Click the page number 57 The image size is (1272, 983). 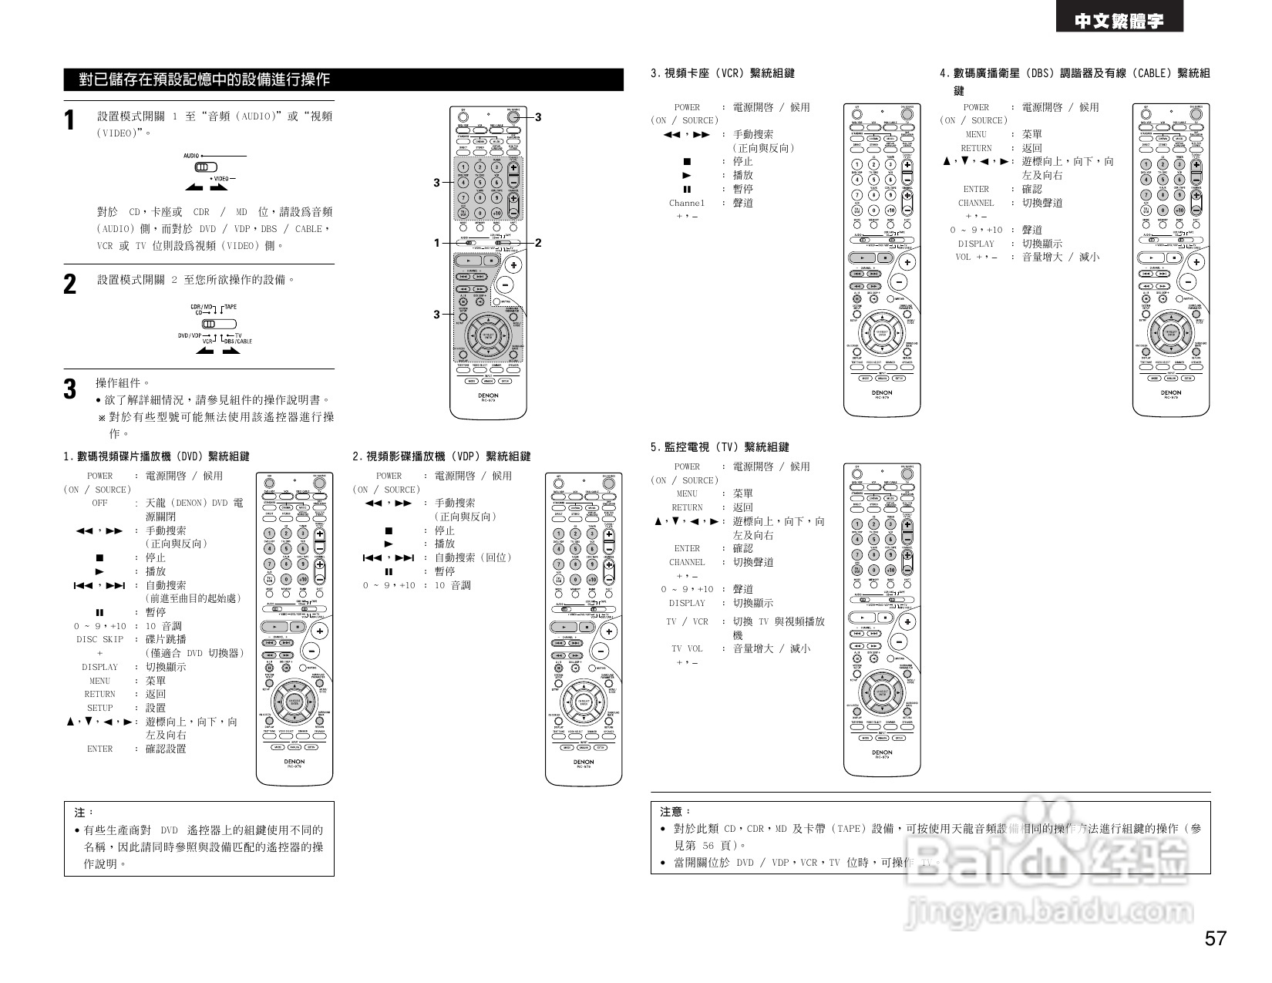tap(1215, 938)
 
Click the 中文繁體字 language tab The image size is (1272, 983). tap(1119, 22)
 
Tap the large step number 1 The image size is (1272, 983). tap(70, 121)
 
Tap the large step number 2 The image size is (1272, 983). tap(70, 284)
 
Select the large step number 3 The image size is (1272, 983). tap(70, 389)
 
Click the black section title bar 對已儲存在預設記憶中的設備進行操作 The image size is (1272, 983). tap(343, 79)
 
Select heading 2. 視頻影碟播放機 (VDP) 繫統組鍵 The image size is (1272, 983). tap(441, 456)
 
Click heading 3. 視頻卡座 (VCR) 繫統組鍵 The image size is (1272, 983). tap(722, 73)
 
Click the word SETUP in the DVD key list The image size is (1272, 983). tap(99, 708)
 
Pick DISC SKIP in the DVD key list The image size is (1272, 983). tap(99, 640)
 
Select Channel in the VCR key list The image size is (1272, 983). tap(686, 204)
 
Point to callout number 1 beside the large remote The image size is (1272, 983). tap(436, 243)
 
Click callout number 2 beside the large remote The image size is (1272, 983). tap(538, 243)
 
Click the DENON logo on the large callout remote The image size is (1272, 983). tap(487, 396)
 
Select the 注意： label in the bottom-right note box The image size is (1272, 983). tap(676, 811)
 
